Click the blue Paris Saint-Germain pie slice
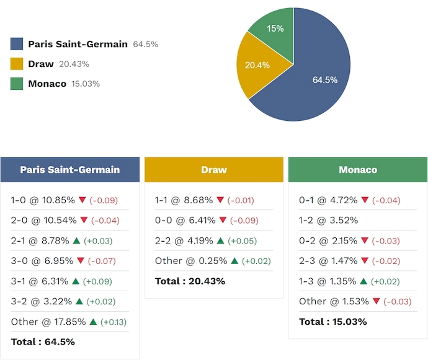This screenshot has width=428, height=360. tap(323, 81)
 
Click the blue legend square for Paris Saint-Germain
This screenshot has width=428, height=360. tap(17, 44)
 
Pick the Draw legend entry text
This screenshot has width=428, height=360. tap(41, 64)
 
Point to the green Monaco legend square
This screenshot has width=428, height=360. tap(17, 84)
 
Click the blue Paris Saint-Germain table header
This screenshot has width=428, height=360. tap(70, 169)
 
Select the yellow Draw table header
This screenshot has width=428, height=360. tap(214, 169)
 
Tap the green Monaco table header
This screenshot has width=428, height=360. tap(358, 169)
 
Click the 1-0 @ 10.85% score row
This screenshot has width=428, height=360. tap(43, 200)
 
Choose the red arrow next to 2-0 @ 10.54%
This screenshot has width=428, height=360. tap(83, 221)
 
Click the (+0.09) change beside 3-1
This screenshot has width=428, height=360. tap(100, 281)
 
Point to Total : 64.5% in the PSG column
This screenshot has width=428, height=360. tap(43, 341)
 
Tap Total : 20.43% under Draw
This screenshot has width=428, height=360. tap(190, 281)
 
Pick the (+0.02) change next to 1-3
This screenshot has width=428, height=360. tap(388, 281)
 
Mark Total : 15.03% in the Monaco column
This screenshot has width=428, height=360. tap(333, 322)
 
